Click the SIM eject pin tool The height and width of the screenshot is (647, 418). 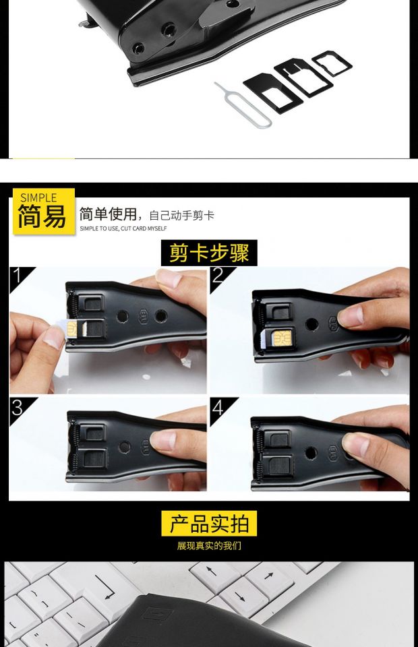244,106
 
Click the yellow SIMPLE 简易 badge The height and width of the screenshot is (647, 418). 44,211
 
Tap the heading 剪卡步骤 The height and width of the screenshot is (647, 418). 209,253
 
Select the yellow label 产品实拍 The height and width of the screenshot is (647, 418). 209,523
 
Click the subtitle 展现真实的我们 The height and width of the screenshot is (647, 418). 209,546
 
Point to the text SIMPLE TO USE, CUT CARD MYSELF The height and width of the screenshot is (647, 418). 123,228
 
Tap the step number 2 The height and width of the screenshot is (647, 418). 218,275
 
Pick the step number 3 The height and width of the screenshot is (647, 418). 18,408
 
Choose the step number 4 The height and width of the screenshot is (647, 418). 218,408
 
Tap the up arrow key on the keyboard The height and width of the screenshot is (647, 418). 212,572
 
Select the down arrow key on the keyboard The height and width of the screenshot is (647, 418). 242,595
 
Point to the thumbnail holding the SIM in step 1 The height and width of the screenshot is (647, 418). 54,337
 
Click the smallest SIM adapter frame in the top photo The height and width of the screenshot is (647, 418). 332,63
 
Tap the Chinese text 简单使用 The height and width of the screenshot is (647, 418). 108,214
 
